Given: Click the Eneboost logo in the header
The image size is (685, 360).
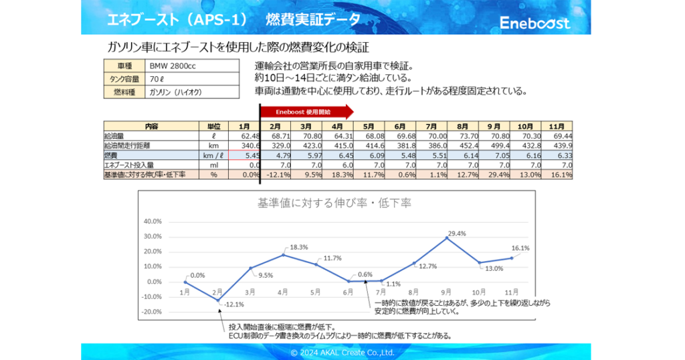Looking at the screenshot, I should pyautogui.click(x=535, y=23).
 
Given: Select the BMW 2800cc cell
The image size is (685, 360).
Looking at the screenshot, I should pyautogui.click(x=173, y=66).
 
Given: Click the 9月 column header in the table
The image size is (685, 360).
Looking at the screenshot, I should pyautogui.click(x=494, y=126).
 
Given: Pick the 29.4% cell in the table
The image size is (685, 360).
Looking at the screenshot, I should pyautogui.click(x=494, y=175).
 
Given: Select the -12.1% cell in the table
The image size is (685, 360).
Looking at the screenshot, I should pyautogui.click(x=275, y=175).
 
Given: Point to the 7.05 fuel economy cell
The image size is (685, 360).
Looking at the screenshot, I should pyautogui.click(x=494, y=155).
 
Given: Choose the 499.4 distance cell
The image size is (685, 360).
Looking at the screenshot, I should pyautogui.click(x=494, y=145).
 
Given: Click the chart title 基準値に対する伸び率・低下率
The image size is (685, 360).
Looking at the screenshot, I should pyautogui.click(x=334, y=203).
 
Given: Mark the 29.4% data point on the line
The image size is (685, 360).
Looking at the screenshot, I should pyautogui.click(x=447, y=238).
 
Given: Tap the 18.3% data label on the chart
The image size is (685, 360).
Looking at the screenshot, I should pyautogui.click(x=299, y=247).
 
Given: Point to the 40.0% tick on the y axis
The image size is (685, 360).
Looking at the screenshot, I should pyautogui.click(x=153, y=221).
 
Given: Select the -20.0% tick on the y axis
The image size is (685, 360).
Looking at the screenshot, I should pyautogui.click(x=153, y=312).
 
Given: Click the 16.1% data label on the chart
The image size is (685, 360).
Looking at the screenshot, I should pyautogui.click(x=520, y=248).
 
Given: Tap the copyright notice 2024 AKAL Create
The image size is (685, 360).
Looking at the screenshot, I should pyautogui.click(x=342, y=352).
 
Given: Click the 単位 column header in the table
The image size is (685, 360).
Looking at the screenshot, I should pyautogui.click(x=214, y=126).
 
